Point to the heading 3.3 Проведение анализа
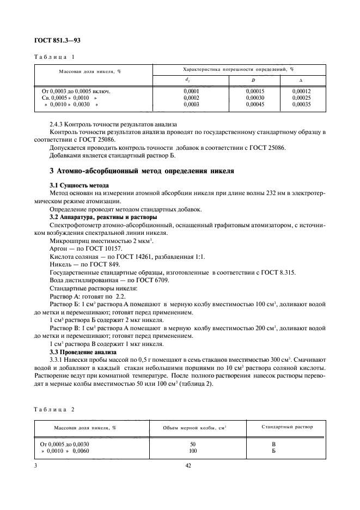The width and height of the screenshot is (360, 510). coord(83,352)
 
